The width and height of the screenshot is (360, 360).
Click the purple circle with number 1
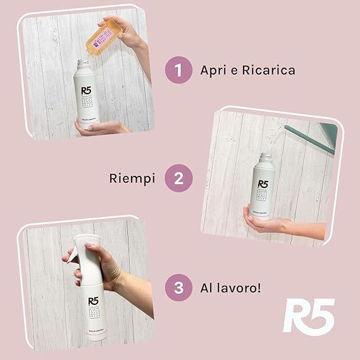pyautogui.click(x=178, y=70)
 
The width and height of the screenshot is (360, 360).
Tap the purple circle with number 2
pyautogui.click(x=178, y=179)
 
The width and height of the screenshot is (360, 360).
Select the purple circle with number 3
pyautogui.click(x=178, y=288)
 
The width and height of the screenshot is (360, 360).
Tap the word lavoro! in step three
pyautogui.click(x=240, y=288)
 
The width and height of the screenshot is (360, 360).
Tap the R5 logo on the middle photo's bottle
pyautogui.click(x=263, y=186)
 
